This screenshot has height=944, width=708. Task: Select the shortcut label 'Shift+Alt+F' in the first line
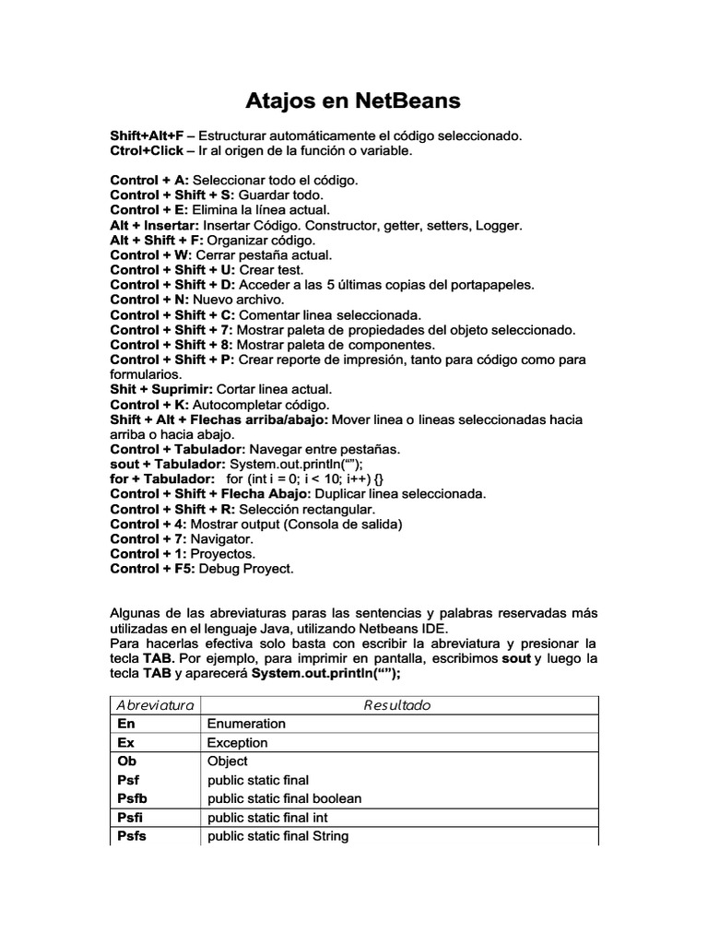(146, 136)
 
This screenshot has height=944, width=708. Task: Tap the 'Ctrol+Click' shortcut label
(147, 150)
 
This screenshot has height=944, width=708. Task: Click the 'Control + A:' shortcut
(149, 180)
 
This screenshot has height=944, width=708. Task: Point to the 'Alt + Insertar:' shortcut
(154, 224)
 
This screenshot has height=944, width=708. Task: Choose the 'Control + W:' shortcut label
(150, 254)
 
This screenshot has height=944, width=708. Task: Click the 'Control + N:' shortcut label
(149, 299)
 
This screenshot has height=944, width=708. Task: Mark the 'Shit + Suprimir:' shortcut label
(160, 389)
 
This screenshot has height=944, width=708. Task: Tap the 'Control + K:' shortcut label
(149, 405)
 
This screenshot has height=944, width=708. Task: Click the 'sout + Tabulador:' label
(168, 464)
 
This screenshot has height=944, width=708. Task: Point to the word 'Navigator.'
(221, 538)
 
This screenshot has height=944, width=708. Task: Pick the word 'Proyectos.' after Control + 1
(223, 553)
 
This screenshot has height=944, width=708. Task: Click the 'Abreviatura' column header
(154, 705)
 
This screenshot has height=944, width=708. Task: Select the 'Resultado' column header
(397, 705)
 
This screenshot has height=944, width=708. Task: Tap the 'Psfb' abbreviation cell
(134, 798)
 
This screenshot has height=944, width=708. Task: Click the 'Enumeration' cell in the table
(246, 724)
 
